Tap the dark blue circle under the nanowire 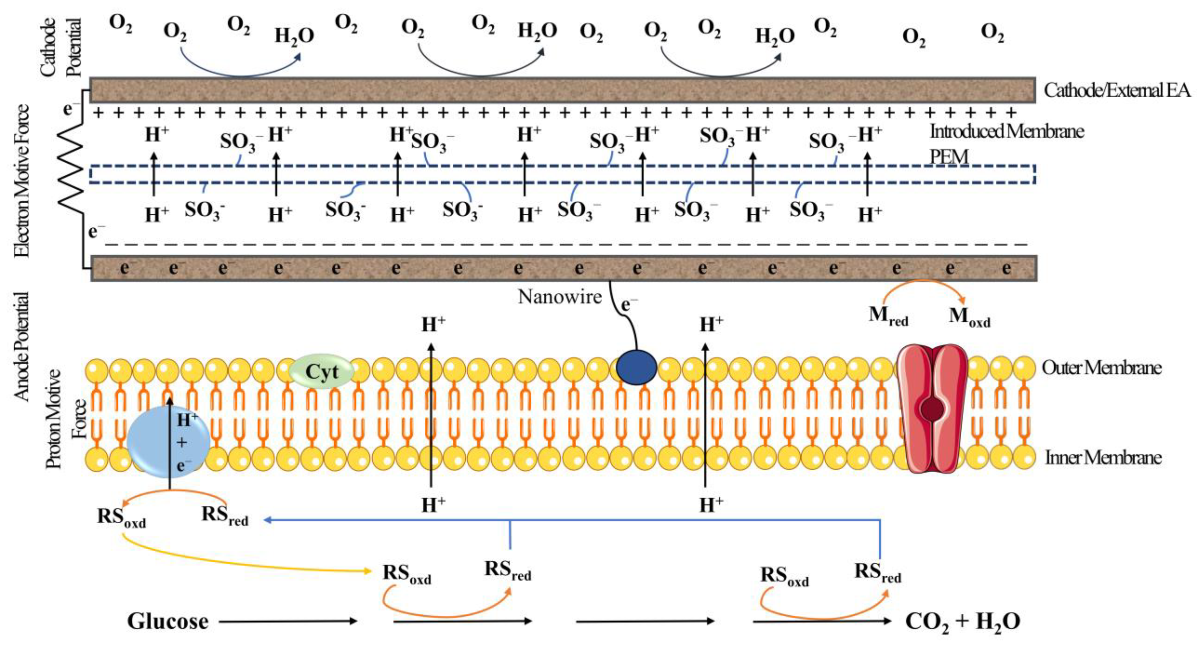[636, 367]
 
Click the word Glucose [168, 621]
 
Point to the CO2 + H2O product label [963, 621]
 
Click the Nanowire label [560, 297]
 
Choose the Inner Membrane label [1103, 458]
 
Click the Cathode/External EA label [1117, 90]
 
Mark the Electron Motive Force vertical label [21, 181]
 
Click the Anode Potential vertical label [21, 346]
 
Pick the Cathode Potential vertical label [60, 46]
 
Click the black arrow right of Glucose [288, 621]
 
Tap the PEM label [949, 157]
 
